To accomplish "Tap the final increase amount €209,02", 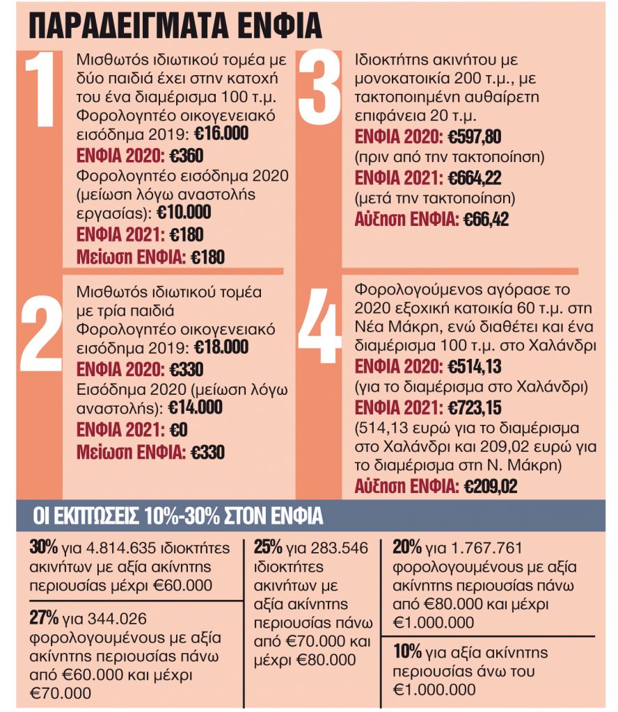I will pyautogui.click(x=491, y=487).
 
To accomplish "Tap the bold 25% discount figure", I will pyautogui.click(x=269, y=547).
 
